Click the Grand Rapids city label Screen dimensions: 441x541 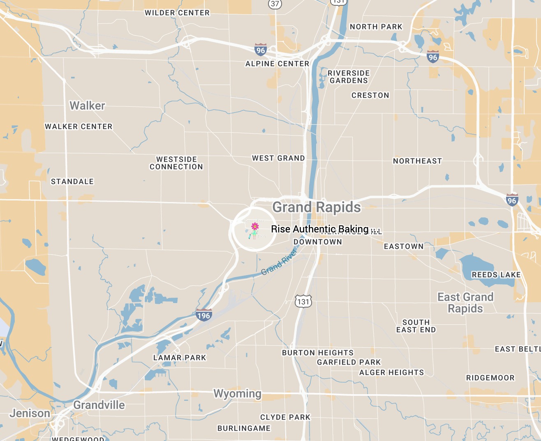(317, 207)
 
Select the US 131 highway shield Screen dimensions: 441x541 (303, 301)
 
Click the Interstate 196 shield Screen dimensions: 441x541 (203, 315)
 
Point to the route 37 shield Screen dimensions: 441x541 (275, 4)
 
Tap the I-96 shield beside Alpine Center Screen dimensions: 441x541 (260, 50)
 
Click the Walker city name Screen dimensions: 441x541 (87, 106)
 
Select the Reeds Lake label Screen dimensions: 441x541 (496, 275)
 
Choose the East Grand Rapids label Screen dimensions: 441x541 (465, 303)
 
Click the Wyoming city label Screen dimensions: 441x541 (237, 394)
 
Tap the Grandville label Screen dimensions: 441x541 (99, 405)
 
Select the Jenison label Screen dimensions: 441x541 (30, 413)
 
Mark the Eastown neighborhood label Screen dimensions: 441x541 (403, 246)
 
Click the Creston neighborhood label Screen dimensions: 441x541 (370, 95)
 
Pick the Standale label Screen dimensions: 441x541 (72, 181)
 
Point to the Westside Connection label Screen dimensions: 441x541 (176, 163)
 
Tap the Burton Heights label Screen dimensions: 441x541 (317, 353)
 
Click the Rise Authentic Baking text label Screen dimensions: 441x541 (320, 229)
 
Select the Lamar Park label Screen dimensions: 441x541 (180, 358)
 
